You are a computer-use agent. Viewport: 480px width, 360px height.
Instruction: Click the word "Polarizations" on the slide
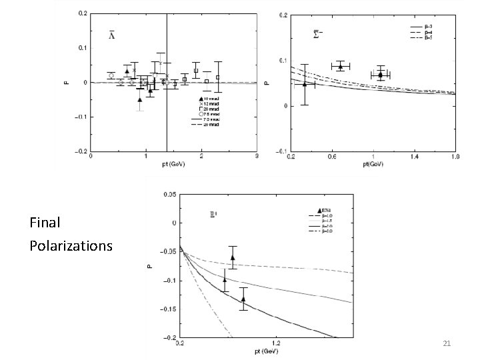[x=71, y=246]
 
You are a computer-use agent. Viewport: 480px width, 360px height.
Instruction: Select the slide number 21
[x=447, y=343]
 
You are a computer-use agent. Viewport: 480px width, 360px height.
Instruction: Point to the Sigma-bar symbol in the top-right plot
[x=319, y=34]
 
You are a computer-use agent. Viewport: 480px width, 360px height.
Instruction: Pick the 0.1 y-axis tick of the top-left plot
[x=81, y=48]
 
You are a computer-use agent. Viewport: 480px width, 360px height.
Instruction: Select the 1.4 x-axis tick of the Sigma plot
[x=413, y=157]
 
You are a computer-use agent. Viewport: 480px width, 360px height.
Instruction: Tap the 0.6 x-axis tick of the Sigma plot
[x=331, y=157]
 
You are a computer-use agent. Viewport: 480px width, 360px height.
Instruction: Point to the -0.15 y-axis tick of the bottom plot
[x=168, y=309]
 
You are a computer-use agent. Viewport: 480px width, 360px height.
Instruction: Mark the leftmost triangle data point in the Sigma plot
[x=305, y=84]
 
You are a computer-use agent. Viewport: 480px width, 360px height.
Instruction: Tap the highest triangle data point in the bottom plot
[x=233, y=257]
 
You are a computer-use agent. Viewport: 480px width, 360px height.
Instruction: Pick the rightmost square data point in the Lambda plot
[x=218, y=77]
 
